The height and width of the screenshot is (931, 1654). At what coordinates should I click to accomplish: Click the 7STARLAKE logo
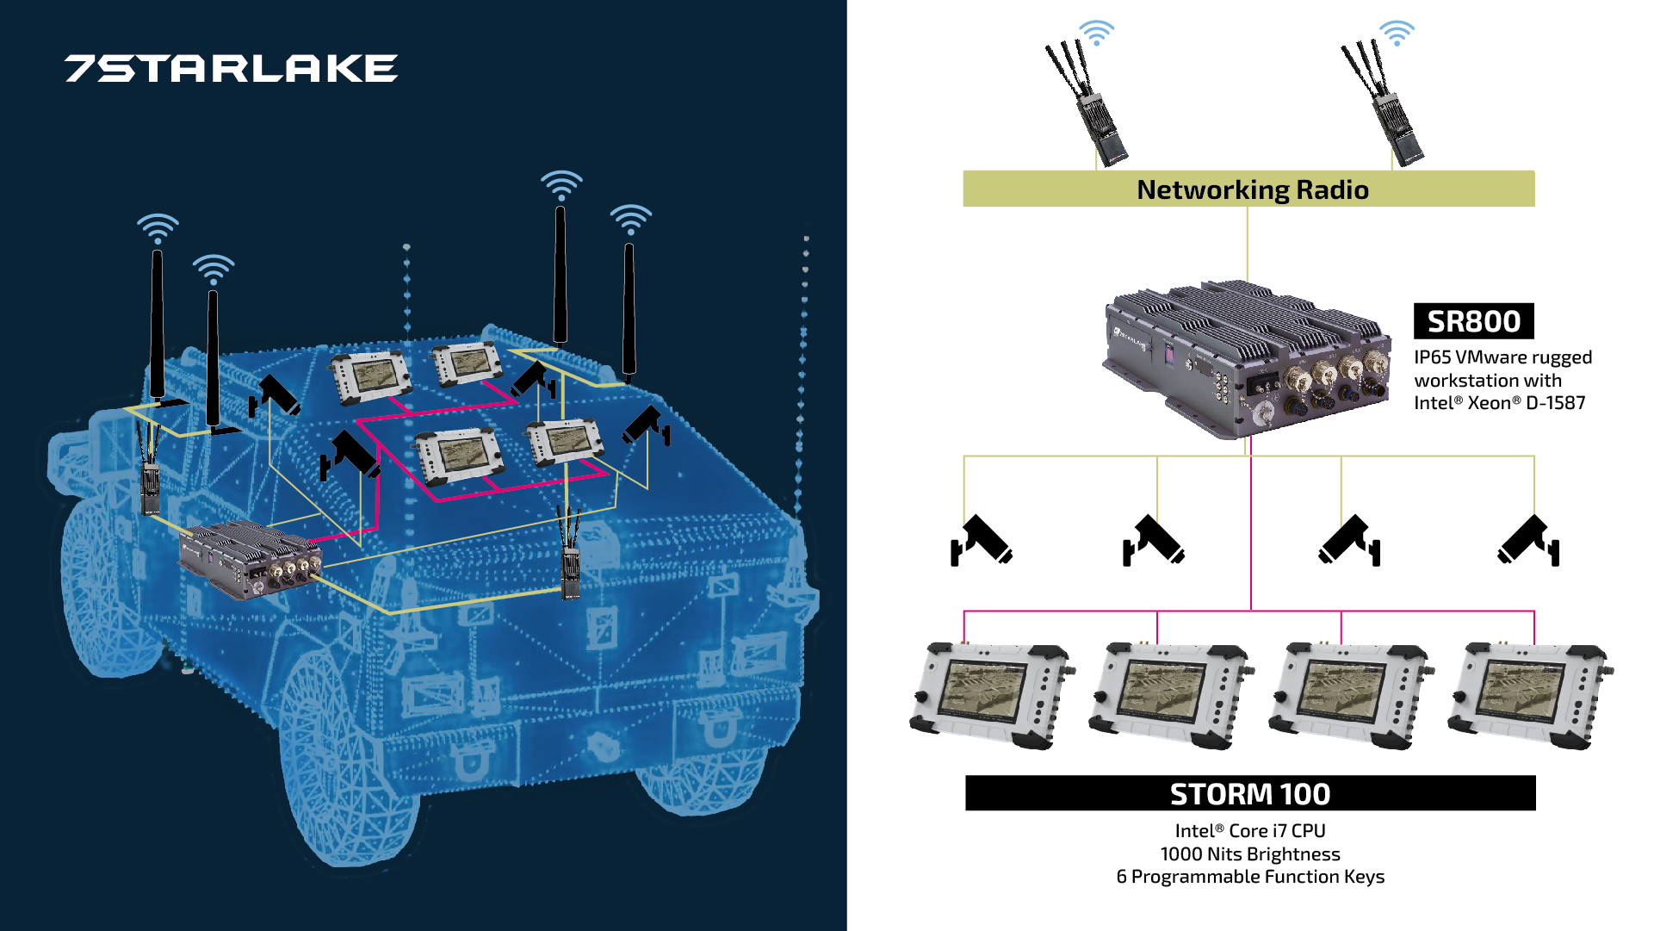[x=231, y=69]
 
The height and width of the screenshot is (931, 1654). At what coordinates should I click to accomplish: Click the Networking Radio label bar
[x=1248, y=189]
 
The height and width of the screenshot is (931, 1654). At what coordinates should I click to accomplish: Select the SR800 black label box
[x=1473, y=321]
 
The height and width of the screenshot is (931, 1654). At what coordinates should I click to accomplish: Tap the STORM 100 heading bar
[x=1249, y=793]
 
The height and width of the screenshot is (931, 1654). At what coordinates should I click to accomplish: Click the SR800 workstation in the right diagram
[x=1247, y=357]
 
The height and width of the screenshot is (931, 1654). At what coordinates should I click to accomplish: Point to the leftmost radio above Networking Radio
[x=1088, y=103]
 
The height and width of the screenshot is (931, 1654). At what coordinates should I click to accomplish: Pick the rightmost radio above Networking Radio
[x=1385, y=103]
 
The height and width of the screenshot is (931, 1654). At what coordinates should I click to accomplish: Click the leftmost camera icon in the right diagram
[x=981, y=541]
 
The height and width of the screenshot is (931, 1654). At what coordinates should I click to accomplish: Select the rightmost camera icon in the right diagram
[x=1529, y=541]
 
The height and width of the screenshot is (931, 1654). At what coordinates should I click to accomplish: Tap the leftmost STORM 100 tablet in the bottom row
[x=990, y=695]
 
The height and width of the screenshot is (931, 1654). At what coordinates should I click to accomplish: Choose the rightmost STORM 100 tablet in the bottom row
[x=1529, y=695]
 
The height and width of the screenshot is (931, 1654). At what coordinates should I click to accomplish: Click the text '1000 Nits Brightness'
[x=1249, y=854]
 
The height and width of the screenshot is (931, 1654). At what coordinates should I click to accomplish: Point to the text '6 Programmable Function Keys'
[x=1249, y=877]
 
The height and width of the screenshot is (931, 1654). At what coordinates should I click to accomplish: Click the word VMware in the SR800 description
[x=1489, y=357]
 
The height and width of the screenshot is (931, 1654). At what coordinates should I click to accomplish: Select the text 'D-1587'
[x=1555, y=403]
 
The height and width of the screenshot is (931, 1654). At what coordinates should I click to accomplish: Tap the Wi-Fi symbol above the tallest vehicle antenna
[x=561, y=184]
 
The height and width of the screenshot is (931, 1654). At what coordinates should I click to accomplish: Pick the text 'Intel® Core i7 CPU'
[x=1249, y=831]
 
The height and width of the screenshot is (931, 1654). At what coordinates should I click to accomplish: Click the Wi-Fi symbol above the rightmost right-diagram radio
[x=1396, y=33]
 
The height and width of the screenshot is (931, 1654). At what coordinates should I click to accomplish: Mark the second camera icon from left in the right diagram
[x=1154, y=541]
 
